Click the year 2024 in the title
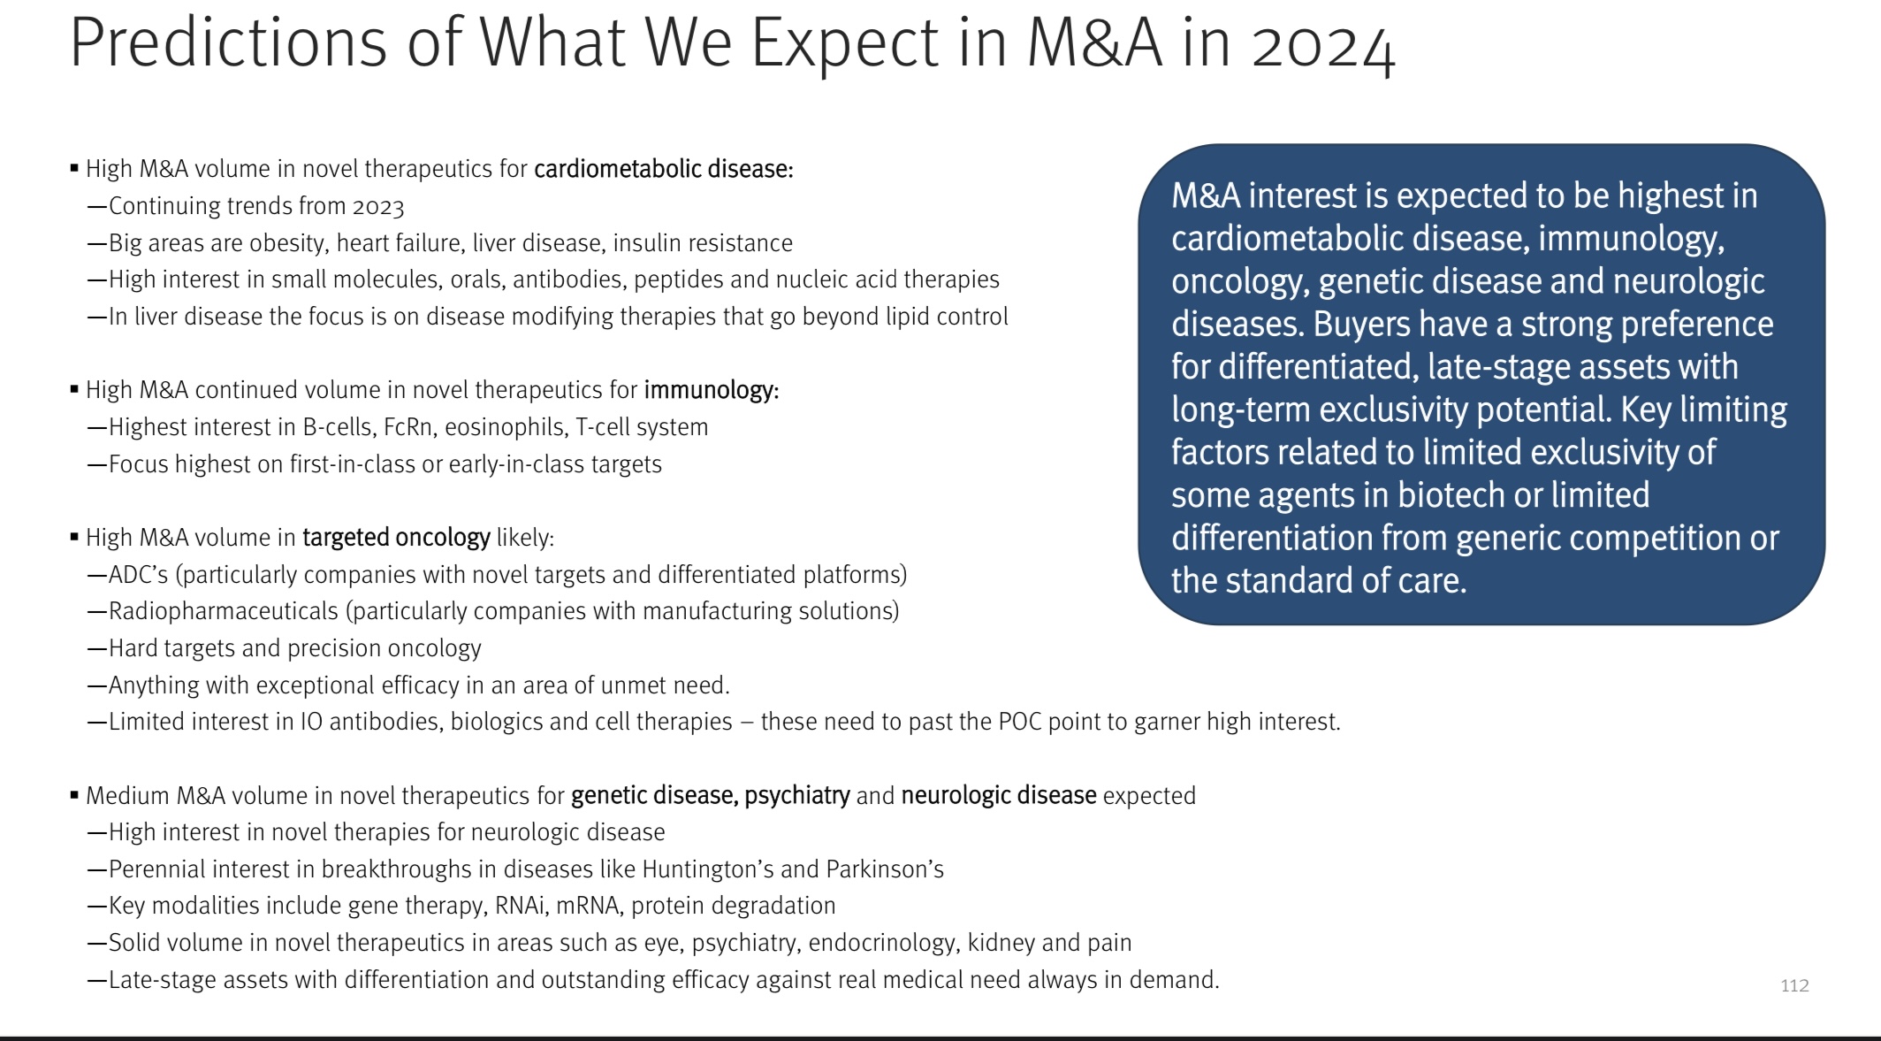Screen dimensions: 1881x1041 [1323, 44]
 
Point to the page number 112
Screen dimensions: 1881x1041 [1794, 985]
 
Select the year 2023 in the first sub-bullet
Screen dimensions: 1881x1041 [378, 207]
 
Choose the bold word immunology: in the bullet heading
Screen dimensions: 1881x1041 [712, 391]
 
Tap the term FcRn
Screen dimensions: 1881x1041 [407, 427]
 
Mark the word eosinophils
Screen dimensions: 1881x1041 [506, 428]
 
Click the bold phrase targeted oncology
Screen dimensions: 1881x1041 [396, 538]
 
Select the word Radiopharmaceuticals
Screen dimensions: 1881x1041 [224, 612]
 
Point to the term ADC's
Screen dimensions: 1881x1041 [138, 575]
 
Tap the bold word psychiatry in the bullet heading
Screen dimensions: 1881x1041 [797, 796]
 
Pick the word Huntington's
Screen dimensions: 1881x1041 [705, 869]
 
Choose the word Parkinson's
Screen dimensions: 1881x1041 [885, 869]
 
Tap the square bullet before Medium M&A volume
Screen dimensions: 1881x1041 [74, 795]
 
